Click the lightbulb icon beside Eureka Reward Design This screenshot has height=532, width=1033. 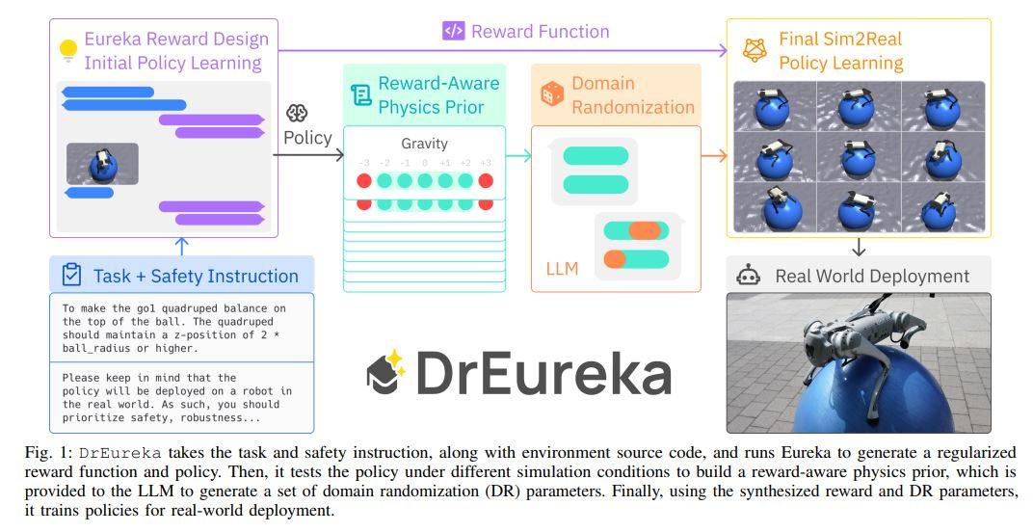click(67, 50)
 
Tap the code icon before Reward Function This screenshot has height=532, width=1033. click(453, 31)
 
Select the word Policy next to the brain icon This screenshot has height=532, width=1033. click(307, 138)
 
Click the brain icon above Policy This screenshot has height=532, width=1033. click(297, 114)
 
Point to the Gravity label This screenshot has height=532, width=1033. click(424, 144)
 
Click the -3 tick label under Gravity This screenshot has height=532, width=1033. click(364, 163)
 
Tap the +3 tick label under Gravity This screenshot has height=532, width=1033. click(485, 163)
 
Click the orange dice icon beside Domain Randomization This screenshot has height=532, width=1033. click(552, 94)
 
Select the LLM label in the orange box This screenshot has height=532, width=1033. click(562, 268)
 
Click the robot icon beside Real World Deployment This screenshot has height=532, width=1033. click(749, 276)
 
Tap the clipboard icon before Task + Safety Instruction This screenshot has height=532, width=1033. click(71, 276)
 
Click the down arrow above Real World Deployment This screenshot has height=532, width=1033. click(859, 246)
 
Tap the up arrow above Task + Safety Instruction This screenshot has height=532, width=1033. click(182, 246)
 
